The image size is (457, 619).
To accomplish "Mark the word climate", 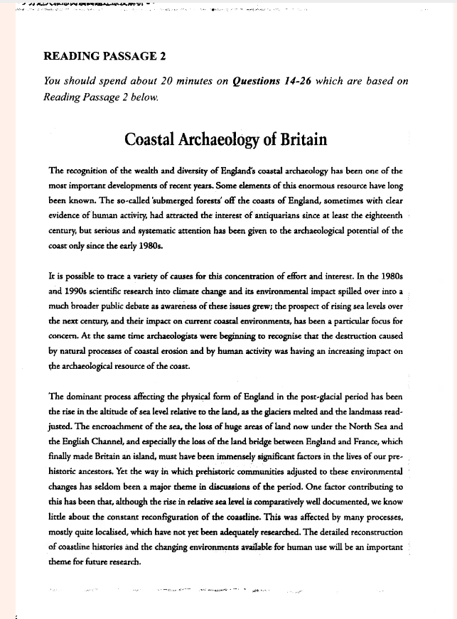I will tap(218, 291).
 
